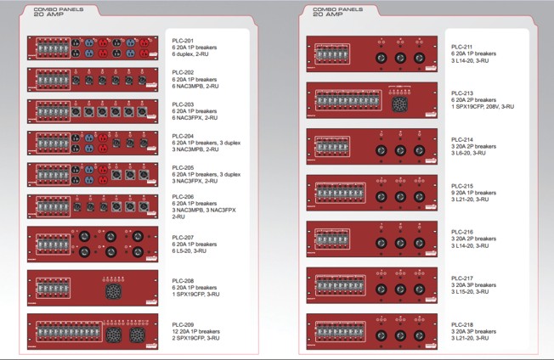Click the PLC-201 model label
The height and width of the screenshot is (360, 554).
pyautogui.click(x=183, y=40)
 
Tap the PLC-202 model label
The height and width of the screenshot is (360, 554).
pyautogui.click(x=183, y=72)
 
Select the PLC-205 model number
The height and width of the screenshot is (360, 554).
pyautogui.click(x=183, y=167)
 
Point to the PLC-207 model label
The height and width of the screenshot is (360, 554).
pyautogui.click(x=183, y=237)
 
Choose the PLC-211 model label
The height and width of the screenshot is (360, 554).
pyautogui.click(x=462, y=46)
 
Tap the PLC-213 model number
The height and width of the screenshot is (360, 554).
pyautogui.click(x=462, y=93)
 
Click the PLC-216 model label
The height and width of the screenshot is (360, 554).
pyautogui.click(x=462, y=231)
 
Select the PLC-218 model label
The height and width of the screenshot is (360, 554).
pyautogui.click(x=462, y=324)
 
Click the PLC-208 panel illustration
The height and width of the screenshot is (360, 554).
pyautogui.click(x=93, y=288)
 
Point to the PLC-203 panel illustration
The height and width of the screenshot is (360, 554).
pyautogui.click(x=93, y=110)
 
